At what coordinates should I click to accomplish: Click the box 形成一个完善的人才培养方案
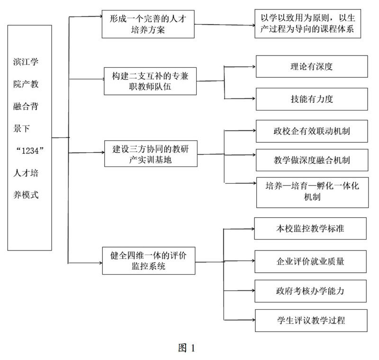[x=148, y=24]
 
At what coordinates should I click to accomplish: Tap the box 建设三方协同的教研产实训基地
[x=150, y=153]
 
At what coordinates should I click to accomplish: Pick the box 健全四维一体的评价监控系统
[x=148, y=260]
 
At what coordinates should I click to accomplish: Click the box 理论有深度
[x=311, y=66]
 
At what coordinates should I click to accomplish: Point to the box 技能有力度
[x=311, y=99]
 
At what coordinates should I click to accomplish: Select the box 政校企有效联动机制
[x=311, y=130]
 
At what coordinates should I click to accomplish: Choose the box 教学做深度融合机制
[x=311, y=159]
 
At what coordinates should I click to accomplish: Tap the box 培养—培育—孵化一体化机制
[x=312, y=192]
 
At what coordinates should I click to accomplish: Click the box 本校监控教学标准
[x=311, y=229]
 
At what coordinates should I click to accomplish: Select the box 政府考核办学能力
[x=311, y=288]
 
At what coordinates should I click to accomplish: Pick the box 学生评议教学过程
[x=311, y=320]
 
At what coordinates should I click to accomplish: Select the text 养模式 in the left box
[x=29, y=194]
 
